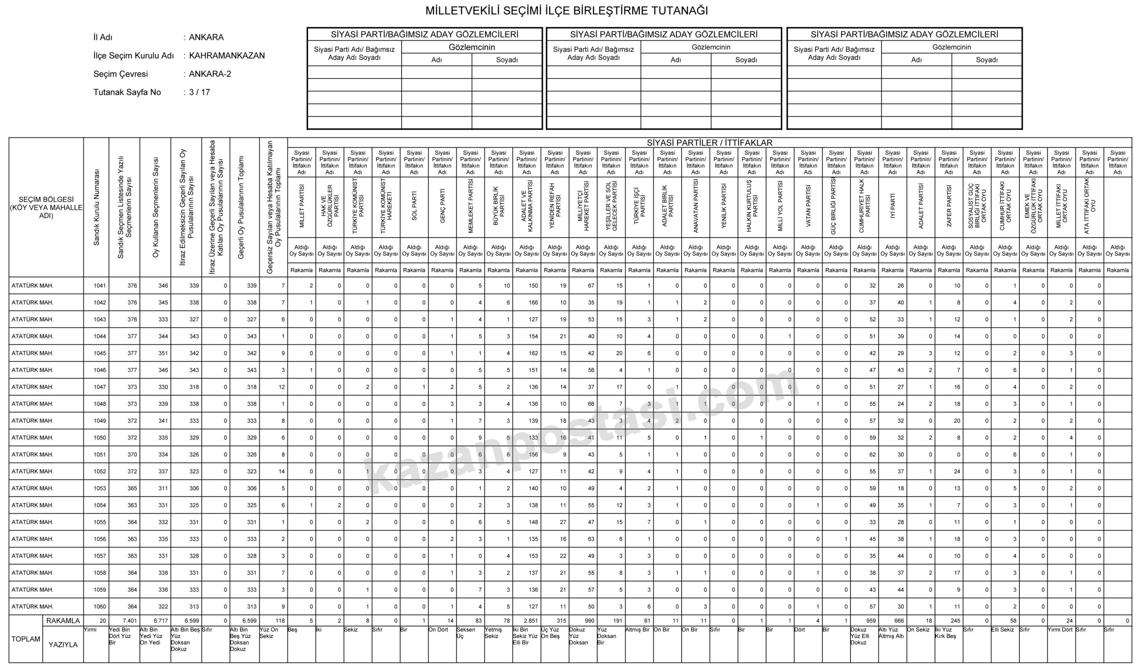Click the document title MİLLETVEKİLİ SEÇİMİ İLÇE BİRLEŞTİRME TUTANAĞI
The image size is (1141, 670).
tap(566, 11)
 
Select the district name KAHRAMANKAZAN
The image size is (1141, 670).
tap(227, 56)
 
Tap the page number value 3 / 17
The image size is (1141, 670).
tap(199, 92)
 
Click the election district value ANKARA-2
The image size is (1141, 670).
tap(210, 74)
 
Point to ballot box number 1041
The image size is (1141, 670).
tap(99, 286)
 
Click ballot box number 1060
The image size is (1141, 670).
tap(99, 607)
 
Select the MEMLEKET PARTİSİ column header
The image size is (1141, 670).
tap(470, 206)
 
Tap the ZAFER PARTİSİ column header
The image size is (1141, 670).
tap(949, 206)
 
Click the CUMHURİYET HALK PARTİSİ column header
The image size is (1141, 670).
tap(864, 206)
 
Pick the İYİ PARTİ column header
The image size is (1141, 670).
tap(892, 206)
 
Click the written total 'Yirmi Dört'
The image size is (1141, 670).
tap(1060, 630)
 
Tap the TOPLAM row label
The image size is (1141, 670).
tap(26, 639)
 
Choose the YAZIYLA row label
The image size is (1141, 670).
tap(63, 645)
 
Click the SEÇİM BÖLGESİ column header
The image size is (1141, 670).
tap(46, 207)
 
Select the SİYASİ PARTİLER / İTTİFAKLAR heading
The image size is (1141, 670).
tap(709, 143)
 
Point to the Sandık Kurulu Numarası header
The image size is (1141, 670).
tap(96, 207)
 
